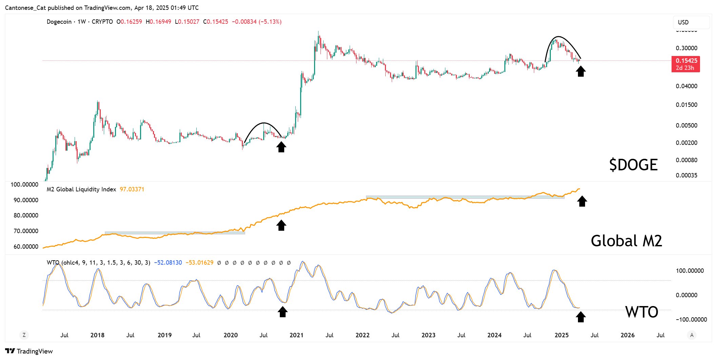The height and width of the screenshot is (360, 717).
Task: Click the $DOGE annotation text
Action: pos(633,165)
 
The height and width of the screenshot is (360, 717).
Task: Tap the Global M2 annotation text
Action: pos(626,241)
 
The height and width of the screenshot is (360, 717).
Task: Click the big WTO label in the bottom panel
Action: pos(641,312)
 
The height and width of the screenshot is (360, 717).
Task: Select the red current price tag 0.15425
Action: pos(686,64)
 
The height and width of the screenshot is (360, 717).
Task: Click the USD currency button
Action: pos(691,22)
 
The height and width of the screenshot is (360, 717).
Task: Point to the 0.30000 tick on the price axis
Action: pos(686,48)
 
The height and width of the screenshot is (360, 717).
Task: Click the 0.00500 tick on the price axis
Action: pos(686,126)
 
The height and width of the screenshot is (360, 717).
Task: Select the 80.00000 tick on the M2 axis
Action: pos(26,215)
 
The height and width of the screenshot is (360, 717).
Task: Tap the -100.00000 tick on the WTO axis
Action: pos(691,320)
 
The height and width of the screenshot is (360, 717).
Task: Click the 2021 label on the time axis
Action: pos(296,335)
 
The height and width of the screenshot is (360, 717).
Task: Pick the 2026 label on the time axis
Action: pos(627,335)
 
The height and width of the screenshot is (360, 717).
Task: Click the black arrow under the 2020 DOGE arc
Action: pos(281,147)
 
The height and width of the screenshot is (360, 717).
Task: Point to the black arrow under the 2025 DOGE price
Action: pos(581,71)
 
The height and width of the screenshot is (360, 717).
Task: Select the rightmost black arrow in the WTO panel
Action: pos(581,317)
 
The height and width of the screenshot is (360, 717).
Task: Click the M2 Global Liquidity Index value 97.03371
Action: pos(132,189)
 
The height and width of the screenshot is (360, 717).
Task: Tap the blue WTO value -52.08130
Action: pos(168,263)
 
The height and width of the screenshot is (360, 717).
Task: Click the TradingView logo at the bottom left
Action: pos(29,351)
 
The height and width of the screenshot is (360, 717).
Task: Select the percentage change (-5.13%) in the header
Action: pos(270,22)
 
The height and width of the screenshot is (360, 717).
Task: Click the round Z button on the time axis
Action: pos(24,335)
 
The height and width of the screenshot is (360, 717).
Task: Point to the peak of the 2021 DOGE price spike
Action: pos(318,32)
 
